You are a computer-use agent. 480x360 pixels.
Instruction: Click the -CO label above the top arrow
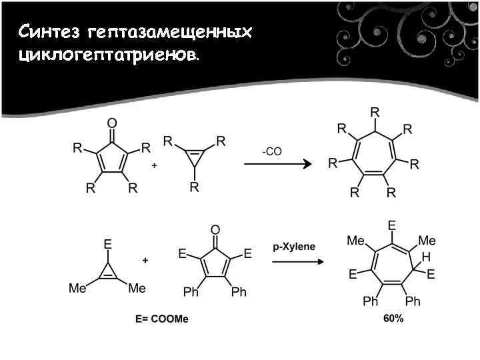point(272,151)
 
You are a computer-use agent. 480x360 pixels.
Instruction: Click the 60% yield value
point(393,319)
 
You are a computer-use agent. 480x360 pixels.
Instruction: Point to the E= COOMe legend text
point(162,319)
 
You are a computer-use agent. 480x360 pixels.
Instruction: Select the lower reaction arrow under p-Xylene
point(296,262)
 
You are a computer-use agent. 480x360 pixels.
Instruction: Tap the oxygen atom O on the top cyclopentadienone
point(111,123)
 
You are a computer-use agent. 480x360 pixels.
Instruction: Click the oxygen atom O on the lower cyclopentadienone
point(215,230)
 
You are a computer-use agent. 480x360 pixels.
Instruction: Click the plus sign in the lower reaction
point(145,259)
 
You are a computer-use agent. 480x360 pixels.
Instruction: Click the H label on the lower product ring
point(425,256)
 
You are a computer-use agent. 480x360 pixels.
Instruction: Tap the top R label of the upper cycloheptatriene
point(375,111)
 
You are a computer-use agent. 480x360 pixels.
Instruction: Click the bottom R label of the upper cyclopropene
point(194,187)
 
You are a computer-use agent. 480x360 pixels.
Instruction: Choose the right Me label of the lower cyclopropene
point(136,288)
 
